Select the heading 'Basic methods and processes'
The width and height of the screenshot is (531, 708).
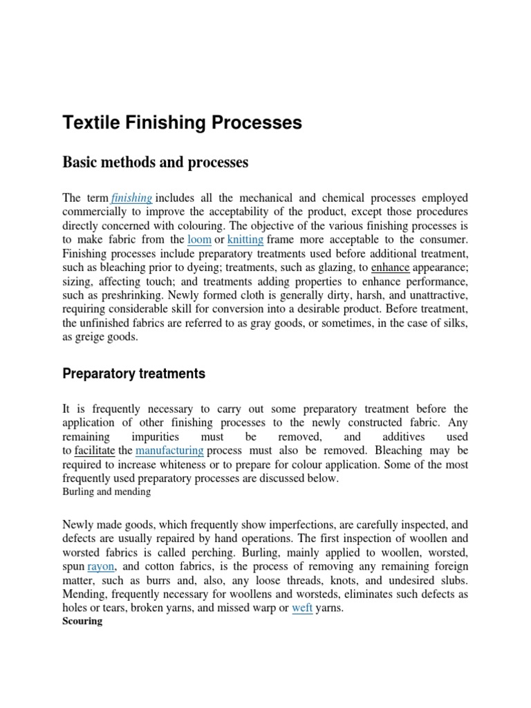(x=155, y=163)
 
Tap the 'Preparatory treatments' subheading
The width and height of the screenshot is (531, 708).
(x=134, y=373)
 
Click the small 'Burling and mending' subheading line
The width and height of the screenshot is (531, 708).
(x=106, y=492)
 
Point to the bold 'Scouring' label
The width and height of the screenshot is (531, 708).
(x=82, y=621)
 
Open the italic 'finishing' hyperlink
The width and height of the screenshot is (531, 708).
(x=131, y=198)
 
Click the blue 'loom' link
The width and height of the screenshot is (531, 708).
(x=199, y=239)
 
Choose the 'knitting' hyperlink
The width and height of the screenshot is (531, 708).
(x=245, y=239)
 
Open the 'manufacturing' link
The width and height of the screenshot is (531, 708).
(x=169, y=451)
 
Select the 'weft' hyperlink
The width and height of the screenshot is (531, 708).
(x=302, y=608)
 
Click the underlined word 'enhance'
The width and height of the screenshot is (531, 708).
(x=391, y=268)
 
